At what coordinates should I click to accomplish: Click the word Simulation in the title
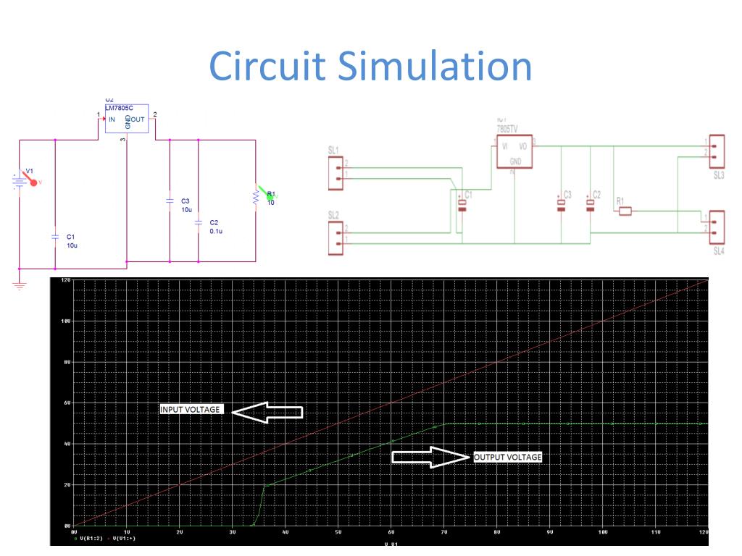point(435,67)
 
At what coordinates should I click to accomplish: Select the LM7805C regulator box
point(127,119)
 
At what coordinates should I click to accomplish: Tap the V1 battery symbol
point(20,180)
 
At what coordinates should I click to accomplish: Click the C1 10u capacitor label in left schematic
point(71,241)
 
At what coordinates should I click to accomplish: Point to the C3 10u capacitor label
point(186,205)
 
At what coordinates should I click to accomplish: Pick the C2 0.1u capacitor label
point(215,227)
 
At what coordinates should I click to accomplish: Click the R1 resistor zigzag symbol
point(256,196)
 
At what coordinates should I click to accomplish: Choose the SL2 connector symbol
point(335,238)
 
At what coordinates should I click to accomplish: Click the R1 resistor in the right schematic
point(624,211)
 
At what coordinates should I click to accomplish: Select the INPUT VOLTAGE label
point(191,410)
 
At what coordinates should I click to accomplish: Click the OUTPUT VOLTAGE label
point(508,457)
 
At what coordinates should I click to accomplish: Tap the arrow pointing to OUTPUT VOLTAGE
point(430,457)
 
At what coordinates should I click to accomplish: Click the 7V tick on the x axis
point(443,532)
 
